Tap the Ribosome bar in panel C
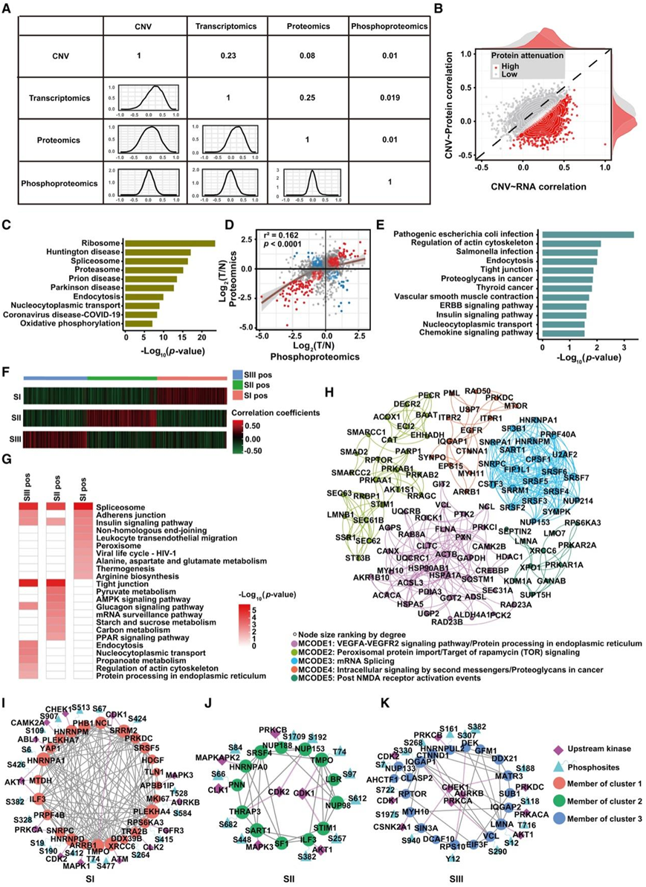(169, 242)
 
